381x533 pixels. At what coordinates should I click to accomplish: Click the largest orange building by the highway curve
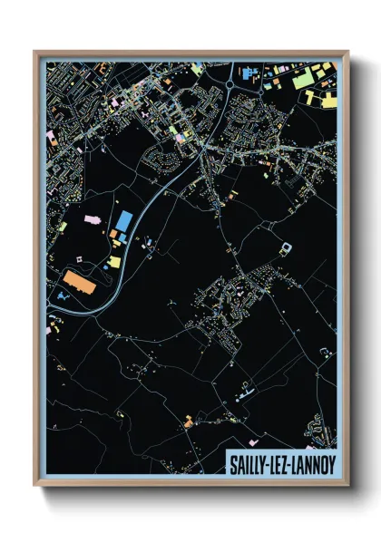pyautogui.click(x=80, y=283)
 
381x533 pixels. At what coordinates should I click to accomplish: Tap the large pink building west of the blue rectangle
pyautogui.click(x=91, y=218)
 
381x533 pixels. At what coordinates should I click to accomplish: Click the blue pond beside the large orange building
pyautogui.click(x=62, y=295)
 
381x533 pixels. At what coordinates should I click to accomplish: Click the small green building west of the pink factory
pyautogui.click(x=63, y=227)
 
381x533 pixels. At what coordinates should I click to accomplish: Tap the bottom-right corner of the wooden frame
pyautogui.click(x=348, y=486)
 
